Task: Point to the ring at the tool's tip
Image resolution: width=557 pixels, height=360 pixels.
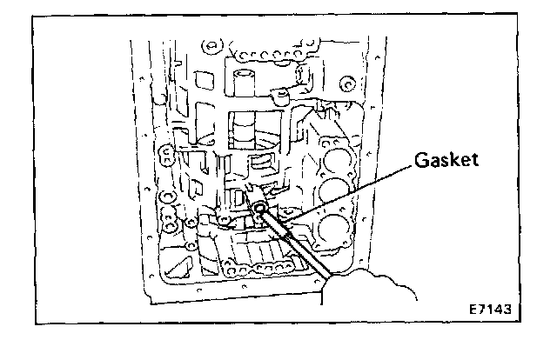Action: tap(260, 210)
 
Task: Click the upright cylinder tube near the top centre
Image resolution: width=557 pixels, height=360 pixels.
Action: tap(245, 82)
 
